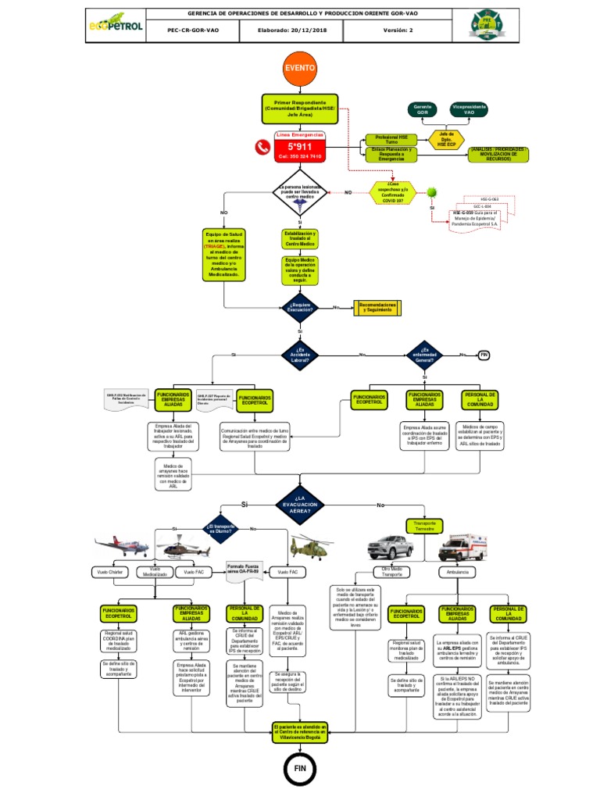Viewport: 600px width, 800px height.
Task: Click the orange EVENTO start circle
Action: (300, 68)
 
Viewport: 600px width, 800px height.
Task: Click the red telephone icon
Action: (261, 146)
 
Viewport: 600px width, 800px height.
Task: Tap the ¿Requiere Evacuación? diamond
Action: (301, 307)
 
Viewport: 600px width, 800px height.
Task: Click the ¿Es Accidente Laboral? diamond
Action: (301, 355)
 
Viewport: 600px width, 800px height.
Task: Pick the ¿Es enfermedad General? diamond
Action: (424, 355)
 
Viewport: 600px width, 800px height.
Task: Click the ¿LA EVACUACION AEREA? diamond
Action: (300, 505)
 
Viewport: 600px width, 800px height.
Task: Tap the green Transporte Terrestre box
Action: (424, 526)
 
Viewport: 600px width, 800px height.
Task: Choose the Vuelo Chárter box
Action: (111, 573)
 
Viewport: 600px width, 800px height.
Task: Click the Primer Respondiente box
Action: (300, 109)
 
